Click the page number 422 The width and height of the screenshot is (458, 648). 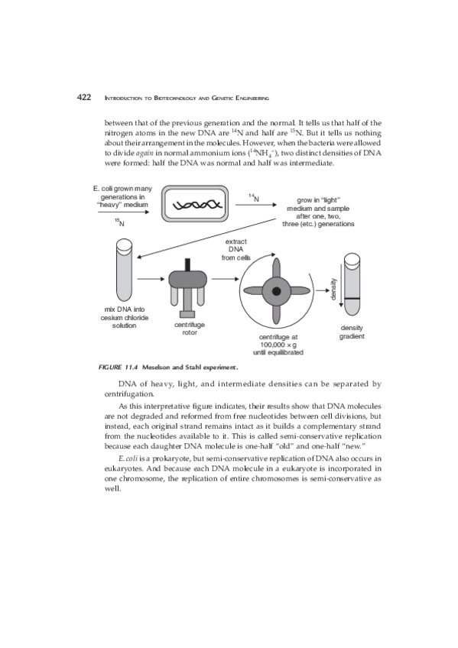(x=84, y=97)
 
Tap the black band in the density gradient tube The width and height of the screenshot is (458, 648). (x=352, y=298)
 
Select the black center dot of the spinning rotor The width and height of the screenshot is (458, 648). (x=277, y=291)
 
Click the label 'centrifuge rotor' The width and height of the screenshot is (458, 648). (x=190, y=329)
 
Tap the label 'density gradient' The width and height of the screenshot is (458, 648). (x=352, y=332)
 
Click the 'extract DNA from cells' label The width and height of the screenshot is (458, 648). (x=236, y=249)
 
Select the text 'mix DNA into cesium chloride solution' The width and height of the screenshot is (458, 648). (x=125, y=317)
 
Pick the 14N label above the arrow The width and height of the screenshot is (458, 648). (x=254, y=198)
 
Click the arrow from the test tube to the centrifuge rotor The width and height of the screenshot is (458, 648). (x=151, y=279)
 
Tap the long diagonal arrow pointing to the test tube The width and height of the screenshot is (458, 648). (x=206, y=238)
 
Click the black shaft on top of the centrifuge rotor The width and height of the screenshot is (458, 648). (x=188, y=264)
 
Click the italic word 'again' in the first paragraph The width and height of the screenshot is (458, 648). (x=145, y=153)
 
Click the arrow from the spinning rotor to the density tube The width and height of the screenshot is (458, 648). (x=323, y=290)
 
